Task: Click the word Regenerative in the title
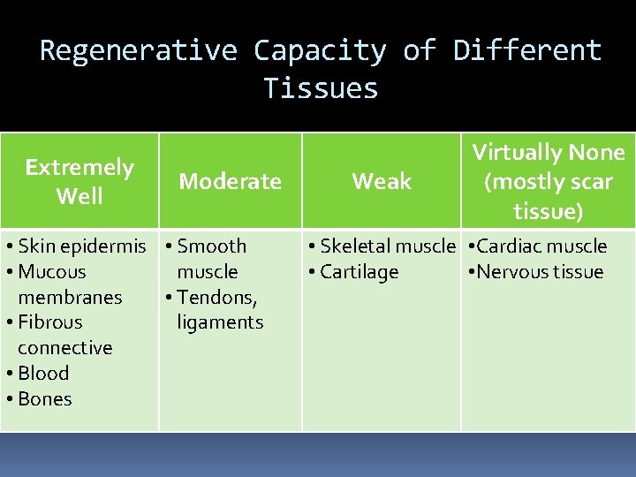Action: [139, 50]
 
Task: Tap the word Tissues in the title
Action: [321, 88]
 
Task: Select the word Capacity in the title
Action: [320, 50]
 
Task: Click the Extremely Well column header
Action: [79, 181]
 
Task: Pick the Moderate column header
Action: [230, 181]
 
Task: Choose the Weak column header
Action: [382, 181]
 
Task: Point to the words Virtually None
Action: [548, 153]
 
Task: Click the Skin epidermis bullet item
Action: [81, 246]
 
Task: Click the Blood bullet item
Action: [42, 373]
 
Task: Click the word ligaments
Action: [220, 322]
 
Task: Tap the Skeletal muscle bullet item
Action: [387, 246]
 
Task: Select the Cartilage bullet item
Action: [359, 272]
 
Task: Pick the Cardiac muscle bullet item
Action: [541, 246]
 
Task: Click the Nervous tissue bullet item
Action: [539, 272]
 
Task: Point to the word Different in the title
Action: [527, 50]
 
